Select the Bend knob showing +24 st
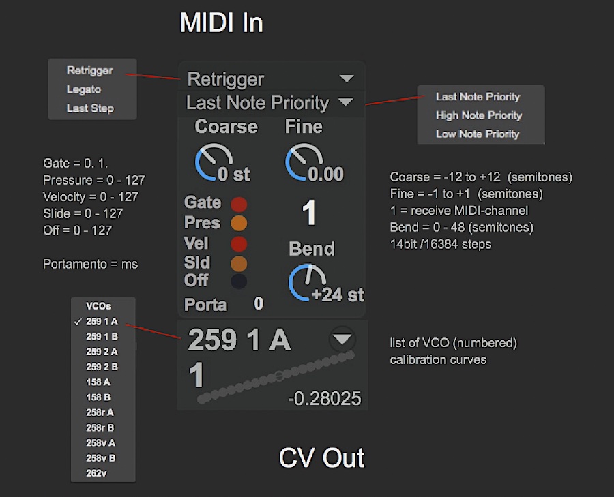tap(307, 283)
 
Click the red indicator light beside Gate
tap(239, 203)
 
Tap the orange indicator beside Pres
tap(239, 223)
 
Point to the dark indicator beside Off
tap(239, 280)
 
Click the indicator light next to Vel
tap(239, 243)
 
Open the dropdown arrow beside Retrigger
tap(347, 78)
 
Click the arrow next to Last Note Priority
tap(346, 102)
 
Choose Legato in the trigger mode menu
tap(84, 89)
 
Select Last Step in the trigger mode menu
tap(90, 108)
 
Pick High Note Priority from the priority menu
tap(478, 115)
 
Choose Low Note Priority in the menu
tap(478, 134)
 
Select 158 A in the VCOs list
tap(99, 382)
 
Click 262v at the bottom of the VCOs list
tap(97, 472)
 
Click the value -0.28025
tap(325, 399)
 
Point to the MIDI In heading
tap(221, 23)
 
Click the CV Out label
tap(321, 458)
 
